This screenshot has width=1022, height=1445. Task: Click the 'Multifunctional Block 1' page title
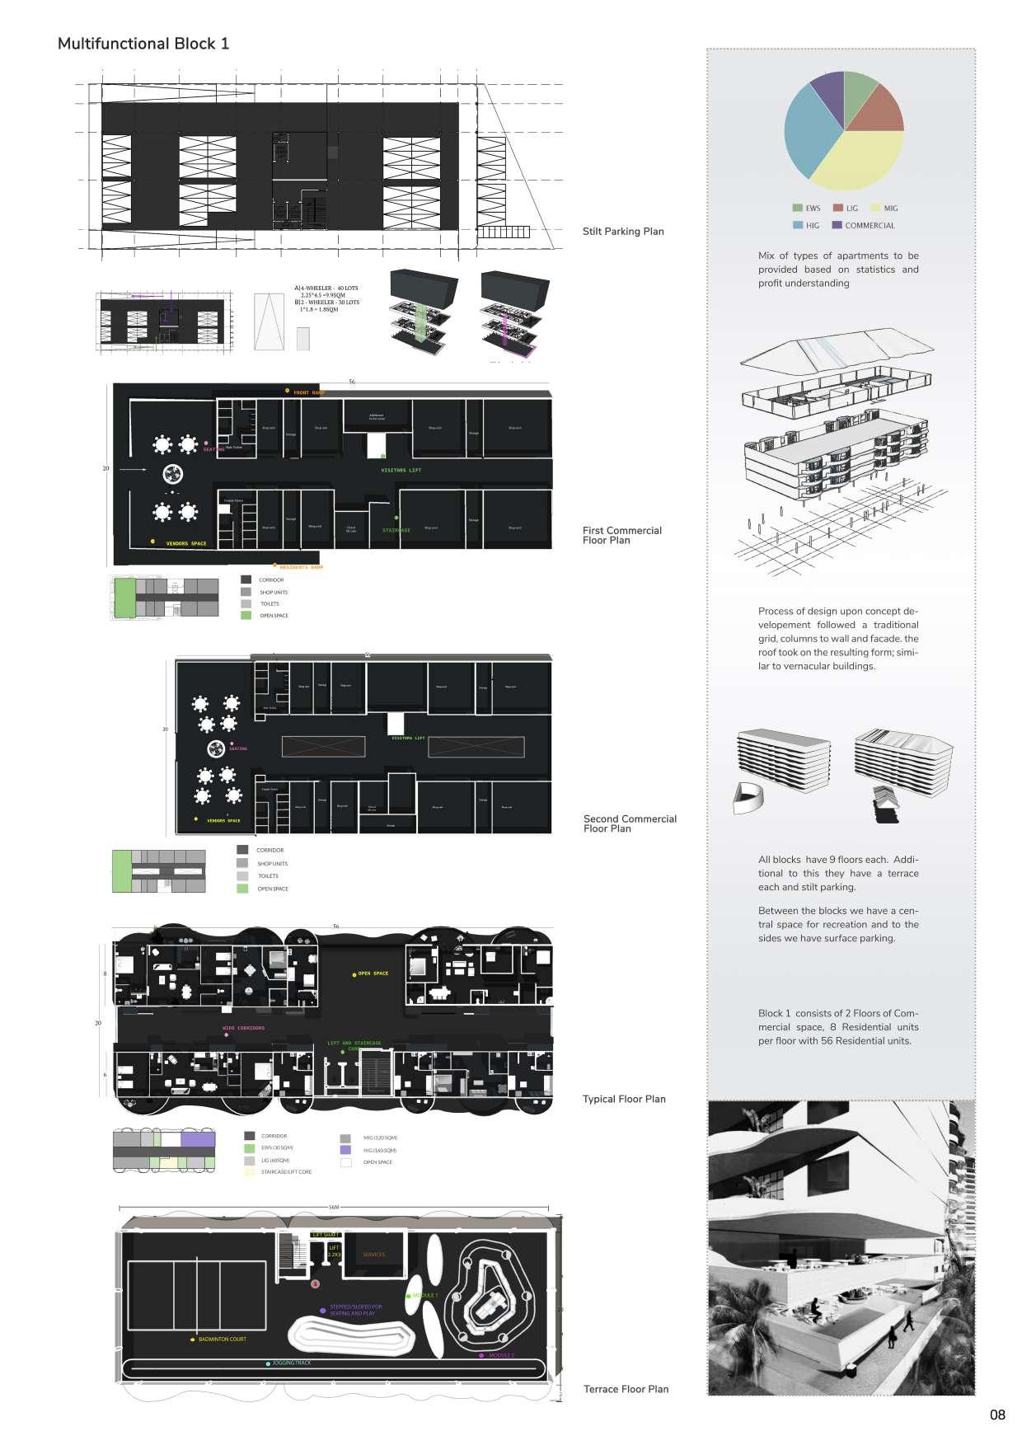143,44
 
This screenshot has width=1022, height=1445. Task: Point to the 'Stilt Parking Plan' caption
623,232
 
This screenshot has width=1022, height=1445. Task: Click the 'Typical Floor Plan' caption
624,1099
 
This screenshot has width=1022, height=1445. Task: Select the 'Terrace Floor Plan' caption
626,1389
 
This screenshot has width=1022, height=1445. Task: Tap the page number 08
997,1415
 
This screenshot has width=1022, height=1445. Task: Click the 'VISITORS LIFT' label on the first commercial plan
401,471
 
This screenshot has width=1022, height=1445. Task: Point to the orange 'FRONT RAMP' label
309,392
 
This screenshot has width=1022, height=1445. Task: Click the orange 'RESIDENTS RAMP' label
302,568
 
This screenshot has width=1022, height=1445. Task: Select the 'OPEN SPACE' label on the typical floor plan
373,973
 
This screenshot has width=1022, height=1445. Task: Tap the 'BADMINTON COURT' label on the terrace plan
222,1339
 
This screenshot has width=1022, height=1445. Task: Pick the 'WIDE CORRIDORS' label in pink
244,1028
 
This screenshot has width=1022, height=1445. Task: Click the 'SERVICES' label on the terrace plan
373,1255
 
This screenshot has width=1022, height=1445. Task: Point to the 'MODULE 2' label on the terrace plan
501,1355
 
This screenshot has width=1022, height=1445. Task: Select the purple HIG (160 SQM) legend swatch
345,1150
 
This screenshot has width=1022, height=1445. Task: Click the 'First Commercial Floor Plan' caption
622,536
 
